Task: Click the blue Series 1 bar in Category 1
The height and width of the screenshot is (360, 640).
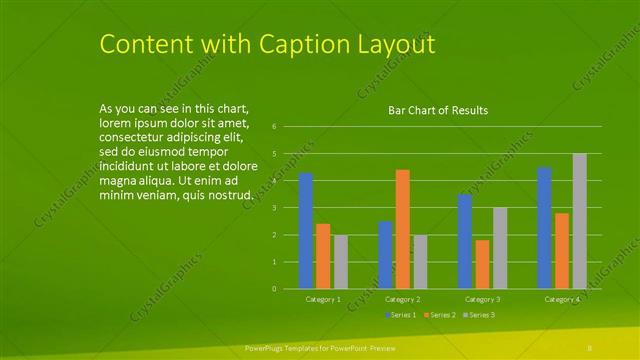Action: pyautogui.click(x=306, y=231)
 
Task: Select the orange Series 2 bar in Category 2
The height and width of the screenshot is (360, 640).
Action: pyautogui.click(x=402, y=229)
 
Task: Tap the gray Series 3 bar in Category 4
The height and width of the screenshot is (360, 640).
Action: pyautogui.click(x=579, y=221)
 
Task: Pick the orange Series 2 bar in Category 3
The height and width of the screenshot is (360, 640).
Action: pyautogui.click(x=482, y=264)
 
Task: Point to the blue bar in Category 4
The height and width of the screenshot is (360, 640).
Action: pyautogui.click(x=545, y=228)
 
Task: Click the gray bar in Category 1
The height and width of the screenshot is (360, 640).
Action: pyautogui.click(x=341, y=262)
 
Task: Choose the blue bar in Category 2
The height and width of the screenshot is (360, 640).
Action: pyautogui.click(x=385, y=255)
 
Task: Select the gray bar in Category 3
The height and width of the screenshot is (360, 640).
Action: pyautogui.click(x=500, y=248)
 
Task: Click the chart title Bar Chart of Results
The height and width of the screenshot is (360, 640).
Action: pyautogui.click(x=438, y=111)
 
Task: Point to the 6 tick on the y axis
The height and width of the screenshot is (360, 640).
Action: pyautogui.click(x=287, y=127)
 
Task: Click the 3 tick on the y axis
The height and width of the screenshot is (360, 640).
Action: pyautogui.click(x=287, y=208)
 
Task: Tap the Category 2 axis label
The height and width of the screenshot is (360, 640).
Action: pyautogui.click(x=402, y=299)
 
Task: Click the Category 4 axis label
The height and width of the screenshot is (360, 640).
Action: pyautogui.click(x=562, y=299)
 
